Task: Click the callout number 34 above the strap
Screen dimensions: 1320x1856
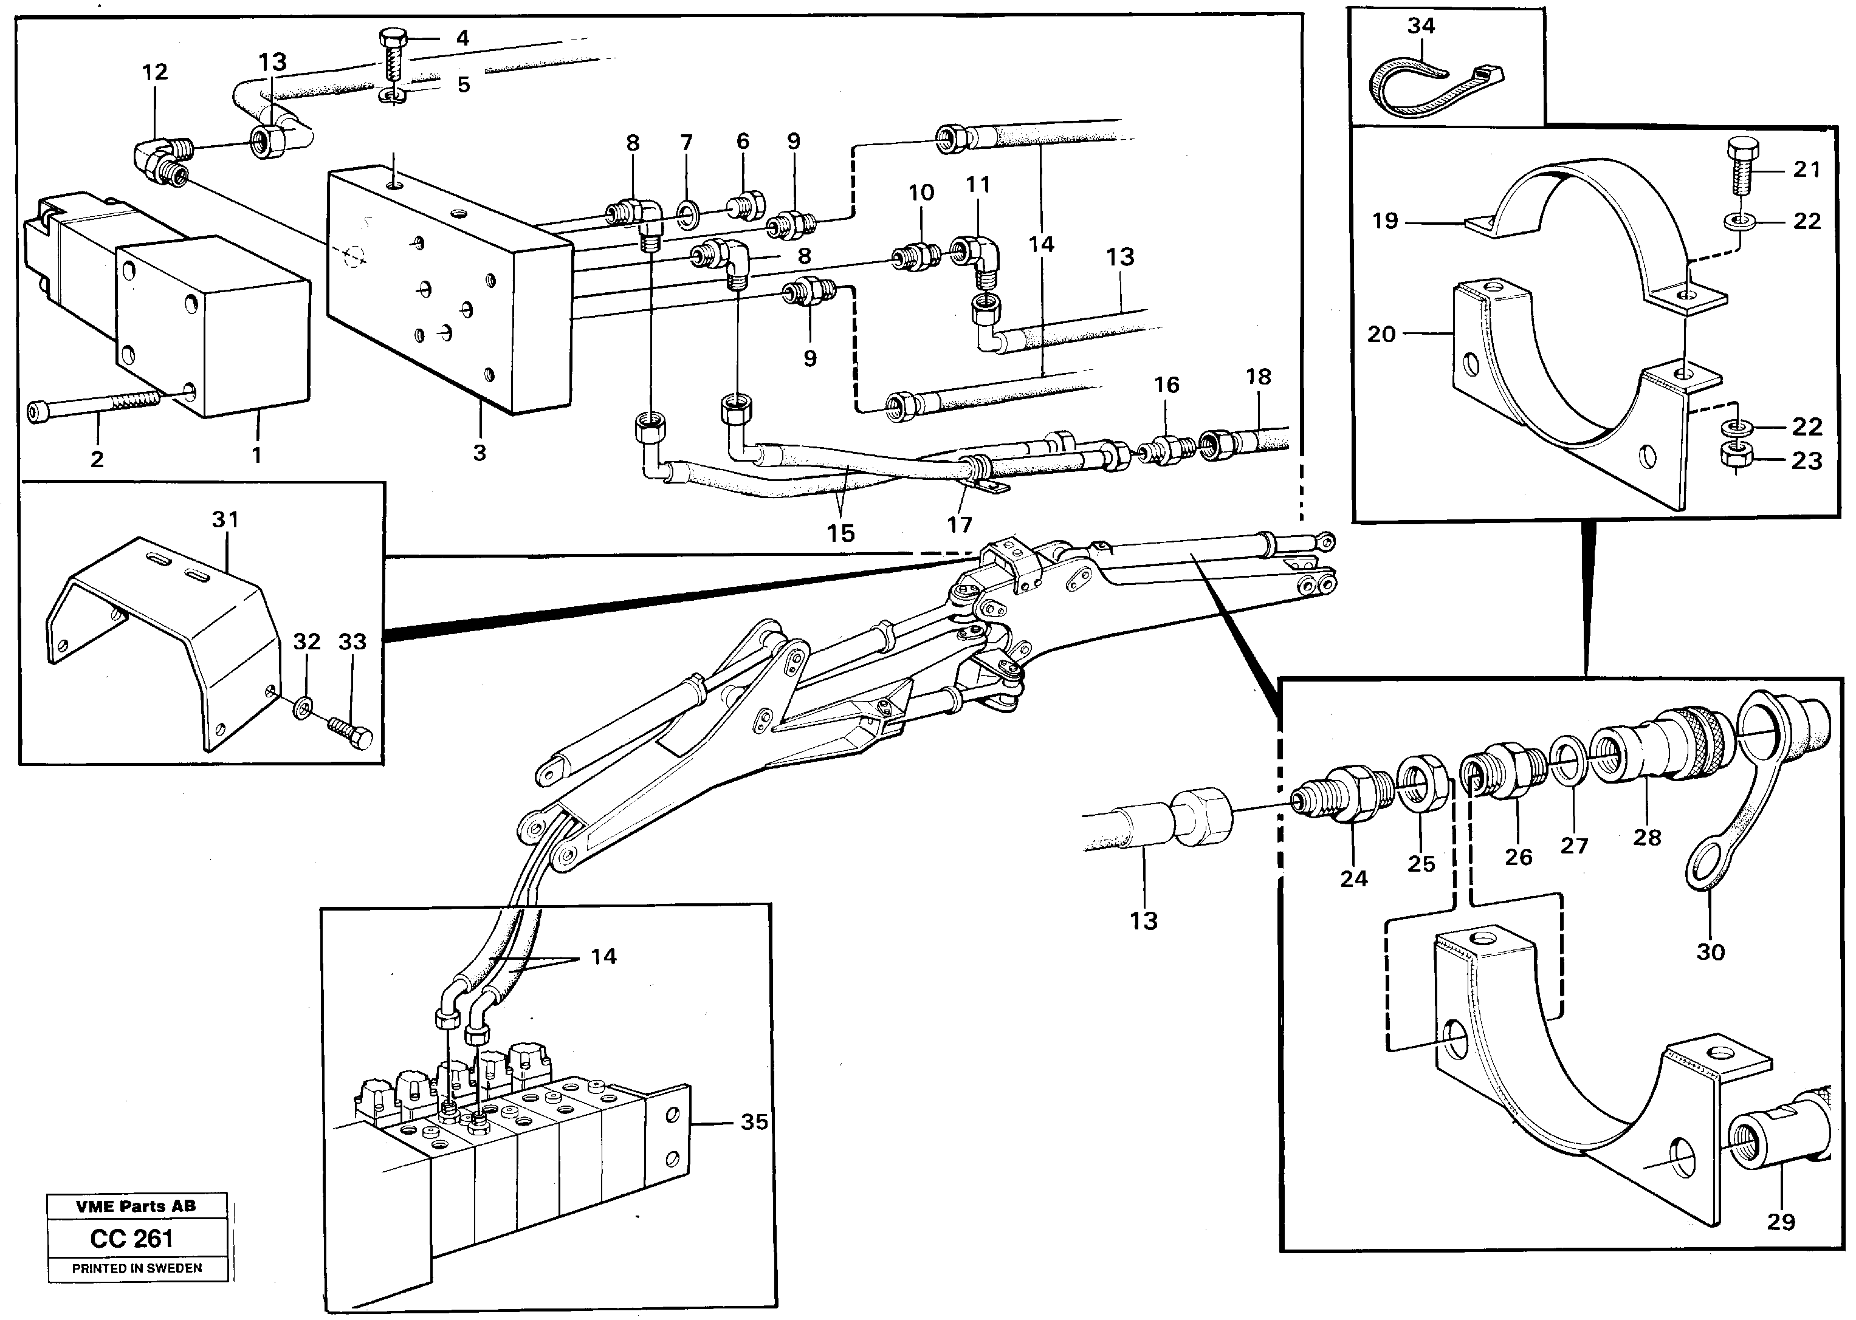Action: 1421,26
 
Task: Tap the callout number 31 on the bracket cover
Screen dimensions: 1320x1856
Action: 225,519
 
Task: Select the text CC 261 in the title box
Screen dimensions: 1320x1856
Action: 132,1238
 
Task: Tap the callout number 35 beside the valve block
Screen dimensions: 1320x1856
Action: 754,1122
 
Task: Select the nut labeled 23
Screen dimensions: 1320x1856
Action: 1734,459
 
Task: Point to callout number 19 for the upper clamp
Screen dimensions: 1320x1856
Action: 1384,221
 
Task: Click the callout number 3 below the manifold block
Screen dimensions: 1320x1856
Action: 479,453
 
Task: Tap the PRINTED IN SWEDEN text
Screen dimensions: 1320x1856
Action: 137,1268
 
